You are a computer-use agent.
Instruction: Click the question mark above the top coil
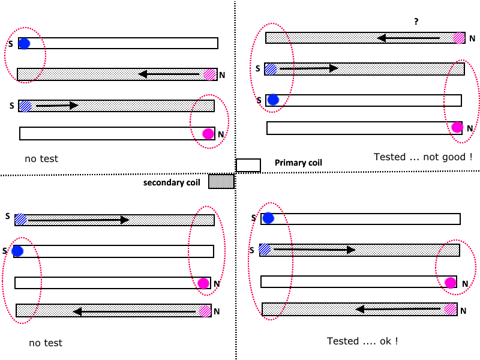coord(416,22)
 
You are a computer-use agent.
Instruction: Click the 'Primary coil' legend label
coord(298,163)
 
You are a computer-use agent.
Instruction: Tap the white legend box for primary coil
coord(248,166)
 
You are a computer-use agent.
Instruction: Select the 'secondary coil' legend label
coord(172,182)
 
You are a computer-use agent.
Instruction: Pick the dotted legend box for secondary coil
coord(221,181)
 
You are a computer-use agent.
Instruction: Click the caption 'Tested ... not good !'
coord(423,157)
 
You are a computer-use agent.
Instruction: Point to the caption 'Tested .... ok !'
coord(362,341)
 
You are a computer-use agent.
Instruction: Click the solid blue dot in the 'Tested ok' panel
coord(268,218)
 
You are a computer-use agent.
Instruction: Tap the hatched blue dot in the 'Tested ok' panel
coord(265,249)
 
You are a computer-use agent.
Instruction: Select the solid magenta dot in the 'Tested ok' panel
coord(450,283)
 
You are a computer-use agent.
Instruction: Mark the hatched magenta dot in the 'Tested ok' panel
coord(451,309)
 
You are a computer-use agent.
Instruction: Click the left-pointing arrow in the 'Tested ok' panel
coord(398,309)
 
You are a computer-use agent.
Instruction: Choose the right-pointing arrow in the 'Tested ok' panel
coord(314,250)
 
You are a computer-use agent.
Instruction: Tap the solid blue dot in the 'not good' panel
coord(273,100)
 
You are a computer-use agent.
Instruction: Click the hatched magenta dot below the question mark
coord(459,38)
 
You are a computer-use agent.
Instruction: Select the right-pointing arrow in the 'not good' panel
coord(309,68)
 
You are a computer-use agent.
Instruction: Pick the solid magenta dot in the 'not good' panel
coord(457,127)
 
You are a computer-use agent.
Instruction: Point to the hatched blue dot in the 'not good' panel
coord(271,69)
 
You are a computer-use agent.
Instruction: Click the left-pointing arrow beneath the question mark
coord(409,38)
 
